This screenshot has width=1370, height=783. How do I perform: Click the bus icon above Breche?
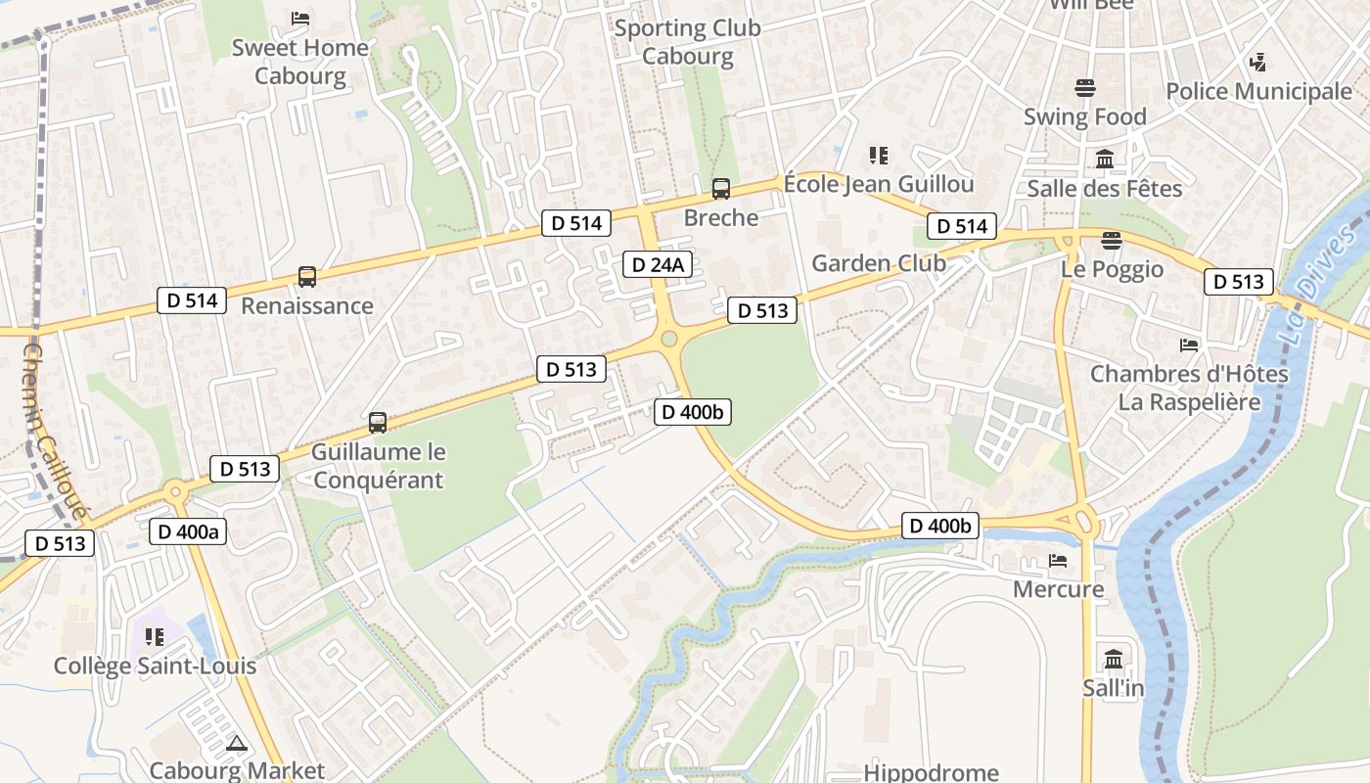coord(721,189)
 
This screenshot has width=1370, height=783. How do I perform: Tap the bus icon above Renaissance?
coord(307,277)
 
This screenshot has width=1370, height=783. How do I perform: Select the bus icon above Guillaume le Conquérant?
coord(378,423)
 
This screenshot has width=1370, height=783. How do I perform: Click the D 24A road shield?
coord(659,264)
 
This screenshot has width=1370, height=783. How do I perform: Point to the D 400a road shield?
coord(189,531)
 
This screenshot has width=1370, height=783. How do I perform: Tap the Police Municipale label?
coord(1258,92)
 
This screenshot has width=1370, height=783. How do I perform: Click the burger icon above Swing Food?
coord(1085,88)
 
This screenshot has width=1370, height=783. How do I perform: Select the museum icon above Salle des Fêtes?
coord(1105,159)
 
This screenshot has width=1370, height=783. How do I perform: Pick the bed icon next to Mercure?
coord(1058,561)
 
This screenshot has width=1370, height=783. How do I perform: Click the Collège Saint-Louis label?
coord(155,666)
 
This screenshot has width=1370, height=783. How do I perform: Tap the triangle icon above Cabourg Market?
coord(236,744)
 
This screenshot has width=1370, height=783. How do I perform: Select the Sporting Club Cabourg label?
coord(687,42)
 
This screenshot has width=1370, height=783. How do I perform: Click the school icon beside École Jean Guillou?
coord(879,156)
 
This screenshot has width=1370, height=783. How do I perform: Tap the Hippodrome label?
coord(931,772)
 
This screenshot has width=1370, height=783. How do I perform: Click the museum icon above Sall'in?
coord(1114,659)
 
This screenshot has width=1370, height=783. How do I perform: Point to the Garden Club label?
coord(879,262)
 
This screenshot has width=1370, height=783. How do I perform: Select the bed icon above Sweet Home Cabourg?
coord(300,19)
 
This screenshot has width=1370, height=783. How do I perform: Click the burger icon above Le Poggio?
coord(1111,240)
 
